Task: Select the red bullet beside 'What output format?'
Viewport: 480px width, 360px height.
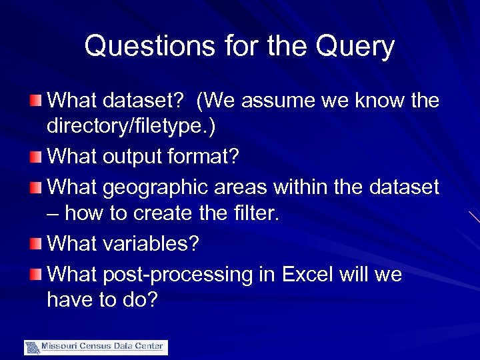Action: pos(37,159)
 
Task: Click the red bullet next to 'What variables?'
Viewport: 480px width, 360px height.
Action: pos(37,245)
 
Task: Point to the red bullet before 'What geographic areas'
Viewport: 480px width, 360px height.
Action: pos(37,188)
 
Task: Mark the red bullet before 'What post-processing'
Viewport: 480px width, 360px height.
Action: pos(37,274)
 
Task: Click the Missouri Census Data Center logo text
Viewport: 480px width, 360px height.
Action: pos(103,347)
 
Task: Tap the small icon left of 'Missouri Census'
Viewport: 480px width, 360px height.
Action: pos(32,347)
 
